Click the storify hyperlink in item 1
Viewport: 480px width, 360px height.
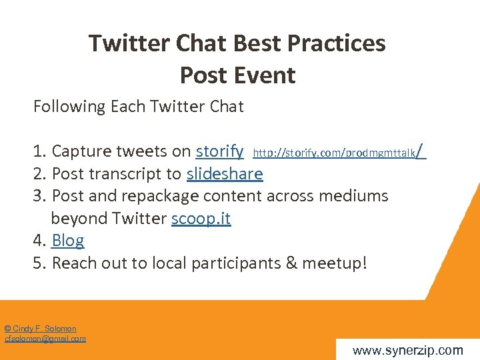[x=219, y=151]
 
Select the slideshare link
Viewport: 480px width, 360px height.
[x=225, y=174]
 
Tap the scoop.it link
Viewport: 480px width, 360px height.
[x=201, y=219]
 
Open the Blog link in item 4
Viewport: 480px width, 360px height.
[x=67, y=241]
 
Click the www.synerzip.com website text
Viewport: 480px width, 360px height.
[x=407, y=350]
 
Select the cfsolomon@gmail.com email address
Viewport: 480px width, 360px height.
[x=45, y=339]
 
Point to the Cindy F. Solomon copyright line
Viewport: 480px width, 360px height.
[x=40, y=329]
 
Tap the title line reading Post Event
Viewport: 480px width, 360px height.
[x=237, y=75]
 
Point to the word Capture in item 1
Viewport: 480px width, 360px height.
[x=80, y=152]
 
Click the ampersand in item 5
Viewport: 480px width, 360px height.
[x=291, y=263]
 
